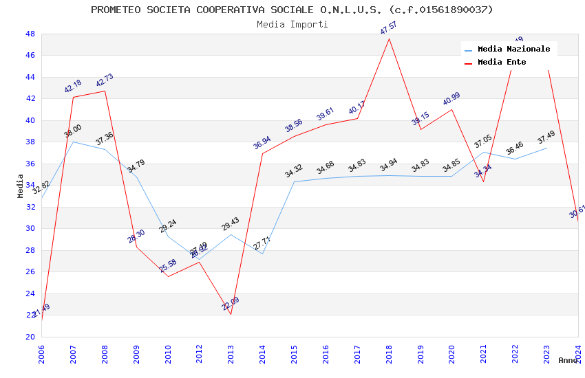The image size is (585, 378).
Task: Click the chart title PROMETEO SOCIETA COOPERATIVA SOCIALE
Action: pos(292,10)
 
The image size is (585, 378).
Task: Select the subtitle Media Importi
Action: pos(292,24)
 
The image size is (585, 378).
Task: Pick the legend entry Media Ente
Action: pos(502,62)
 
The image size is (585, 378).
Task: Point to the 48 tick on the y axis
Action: pos(30,34)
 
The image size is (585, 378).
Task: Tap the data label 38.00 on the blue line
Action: pos(73,131)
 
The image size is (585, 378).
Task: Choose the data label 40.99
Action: pos(451,100)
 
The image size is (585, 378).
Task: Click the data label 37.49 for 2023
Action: pos(546,137)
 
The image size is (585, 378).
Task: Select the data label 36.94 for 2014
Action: pos(262,143)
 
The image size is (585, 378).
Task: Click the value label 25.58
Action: pos(168,266)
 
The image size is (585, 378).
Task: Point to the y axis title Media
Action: pos(21,186)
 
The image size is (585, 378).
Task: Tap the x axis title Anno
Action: pos(568,360)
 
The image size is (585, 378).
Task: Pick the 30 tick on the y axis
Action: pos(30,228)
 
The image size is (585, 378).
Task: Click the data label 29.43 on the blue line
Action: pos(231,224)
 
